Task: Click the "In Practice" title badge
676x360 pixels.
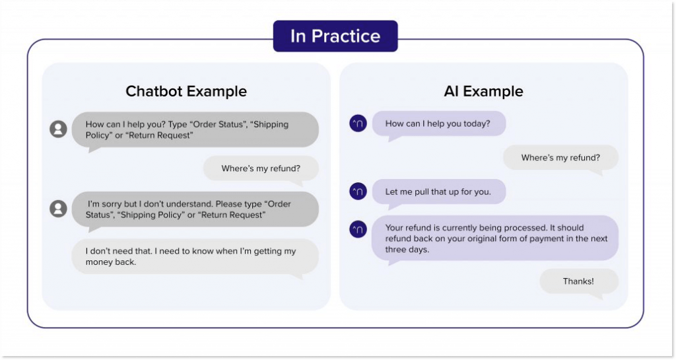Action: pyautogui.click(x=335, y=36)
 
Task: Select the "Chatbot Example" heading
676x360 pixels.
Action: pyautogui.click(x=186, y=91)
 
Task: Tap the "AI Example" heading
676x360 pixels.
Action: pyautogui.click(x=483, y=91)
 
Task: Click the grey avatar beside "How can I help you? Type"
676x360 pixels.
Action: pyautogui.click(x=59, y=129)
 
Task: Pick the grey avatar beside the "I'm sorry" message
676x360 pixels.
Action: pyautogui.click(x=59, y=209)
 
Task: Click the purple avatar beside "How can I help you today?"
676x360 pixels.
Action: pyautogui.click(x=358, y=124)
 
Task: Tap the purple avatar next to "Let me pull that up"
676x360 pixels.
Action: pyautogui.click(x=358, y=192)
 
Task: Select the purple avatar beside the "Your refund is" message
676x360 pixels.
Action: pyautogui.click(x=358, y=229)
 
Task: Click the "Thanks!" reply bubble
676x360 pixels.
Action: pyautogui.click(x=578, y=281)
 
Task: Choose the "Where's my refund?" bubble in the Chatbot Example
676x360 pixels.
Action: pyautogui.click(x=261, y=168)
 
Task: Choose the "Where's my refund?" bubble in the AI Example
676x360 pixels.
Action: pyautogui.click(x=560, y=157)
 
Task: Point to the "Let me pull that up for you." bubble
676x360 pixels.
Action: pyautogui.click(x=438, y=192)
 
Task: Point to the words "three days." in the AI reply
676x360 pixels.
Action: pyautogui.click(x=407, y=250)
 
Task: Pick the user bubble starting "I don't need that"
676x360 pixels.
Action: pyautogui.click(x=195, y=256)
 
